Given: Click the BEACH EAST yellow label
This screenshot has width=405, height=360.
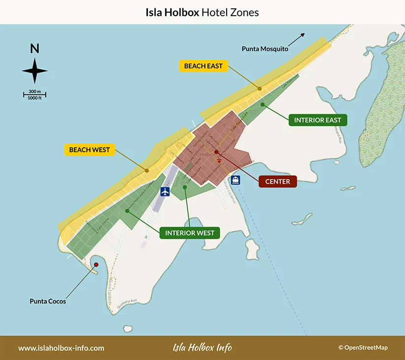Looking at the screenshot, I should (x=203, y=66).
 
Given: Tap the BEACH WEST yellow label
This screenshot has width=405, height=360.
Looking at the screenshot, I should (x=89, y=149).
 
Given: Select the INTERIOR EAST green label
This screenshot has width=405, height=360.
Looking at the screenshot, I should (x=318, y=120).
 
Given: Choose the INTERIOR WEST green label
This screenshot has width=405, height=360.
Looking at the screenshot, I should (x=190, y=232).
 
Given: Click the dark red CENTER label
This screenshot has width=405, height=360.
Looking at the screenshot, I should (x=278, y=181).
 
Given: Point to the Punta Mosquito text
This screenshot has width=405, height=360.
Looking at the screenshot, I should (x=265, y=49).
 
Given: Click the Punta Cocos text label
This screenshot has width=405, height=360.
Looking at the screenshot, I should (x=48, y=301).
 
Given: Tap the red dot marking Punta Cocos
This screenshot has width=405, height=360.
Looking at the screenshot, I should (x=96, y=265).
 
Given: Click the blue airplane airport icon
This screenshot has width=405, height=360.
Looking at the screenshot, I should (x=164, y=192).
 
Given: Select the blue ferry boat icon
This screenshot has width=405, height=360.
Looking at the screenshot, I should (x=236, y=180).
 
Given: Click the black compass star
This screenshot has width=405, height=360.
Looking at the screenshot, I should (x=35, y=70).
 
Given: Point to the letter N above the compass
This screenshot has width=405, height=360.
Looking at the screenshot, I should (x=34, y=48).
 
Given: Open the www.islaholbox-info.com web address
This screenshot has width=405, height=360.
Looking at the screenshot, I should (x=61, y=348).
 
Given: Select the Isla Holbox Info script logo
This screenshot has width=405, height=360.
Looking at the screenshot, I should (x=202, y=348).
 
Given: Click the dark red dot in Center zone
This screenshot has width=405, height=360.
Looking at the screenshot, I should (x=216, y=152).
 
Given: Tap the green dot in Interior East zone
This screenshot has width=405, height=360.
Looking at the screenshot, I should (x=263, y=104).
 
